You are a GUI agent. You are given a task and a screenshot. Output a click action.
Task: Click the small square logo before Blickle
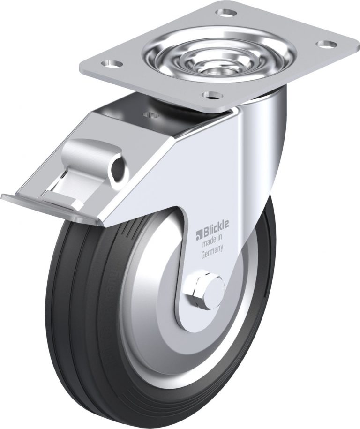pyautogui.click(x=199, y=232)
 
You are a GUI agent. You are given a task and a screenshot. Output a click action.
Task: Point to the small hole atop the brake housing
pyautogui.click(x=150, y=113)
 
